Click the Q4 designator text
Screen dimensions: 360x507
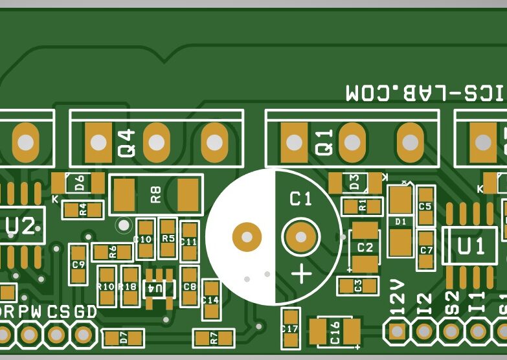coord(127,144)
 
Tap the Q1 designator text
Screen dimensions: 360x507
coord(324,142)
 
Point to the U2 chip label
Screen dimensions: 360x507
coord(20,227)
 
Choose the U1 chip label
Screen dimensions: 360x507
coord(471,246)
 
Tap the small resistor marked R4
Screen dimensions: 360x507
coord(83,210)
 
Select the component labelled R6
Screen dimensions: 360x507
coord(113,253)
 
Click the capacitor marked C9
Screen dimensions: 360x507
coord(78,264)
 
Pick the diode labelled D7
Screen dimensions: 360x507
coord(123,337)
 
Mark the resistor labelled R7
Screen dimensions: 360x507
coord(214,337)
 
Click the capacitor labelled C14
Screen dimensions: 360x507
coord(210,300)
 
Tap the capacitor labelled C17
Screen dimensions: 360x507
coord(290,329)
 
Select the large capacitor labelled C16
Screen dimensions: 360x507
coord(335,332)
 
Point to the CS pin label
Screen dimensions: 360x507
coord(57,312)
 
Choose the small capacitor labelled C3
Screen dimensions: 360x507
coord(358,285)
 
